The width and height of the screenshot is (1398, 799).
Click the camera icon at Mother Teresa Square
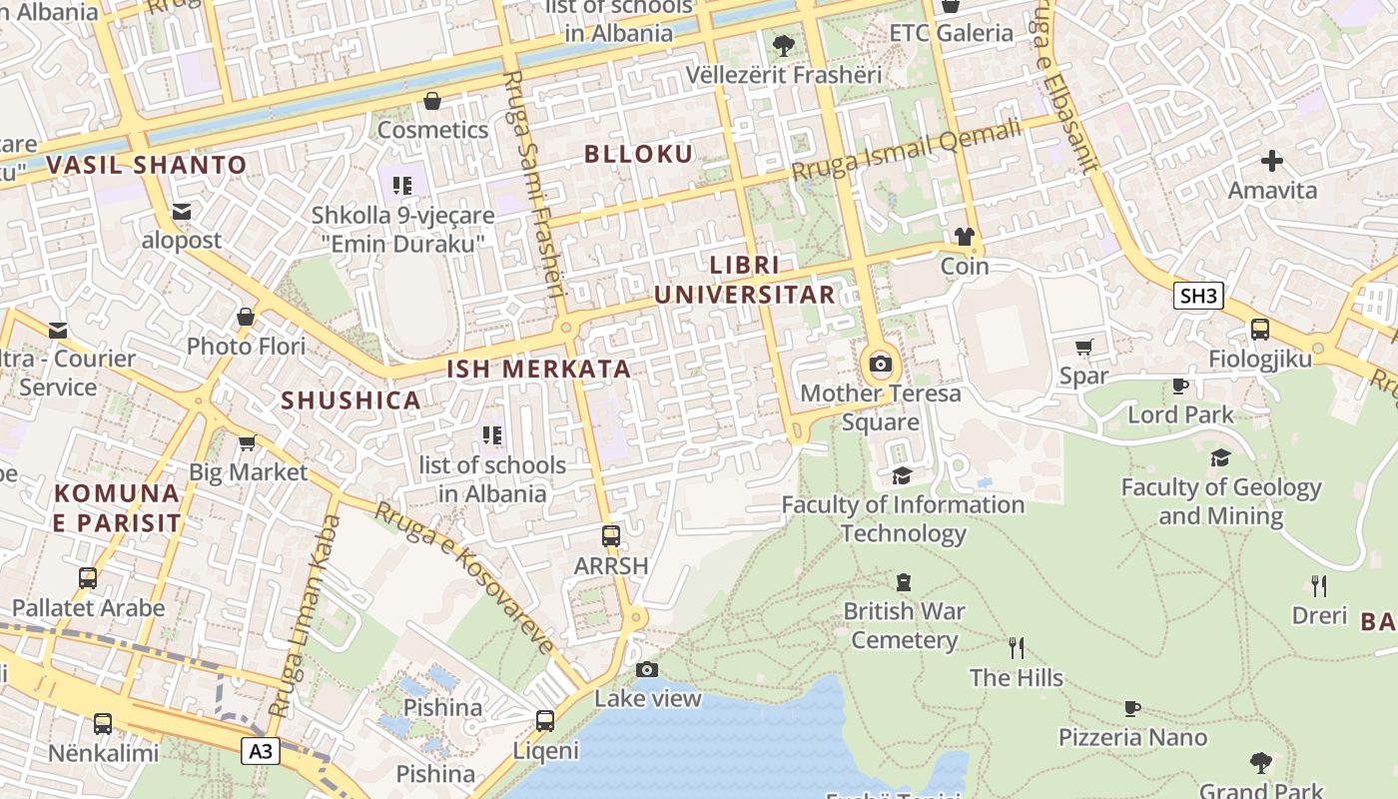coord(881,364)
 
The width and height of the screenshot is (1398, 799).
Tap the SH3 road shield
coord(1198,296)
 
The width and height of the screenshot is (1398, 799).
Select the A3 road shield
coord(260,752)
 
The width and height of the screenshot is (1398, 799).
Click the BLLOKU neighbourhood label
coord(638,154)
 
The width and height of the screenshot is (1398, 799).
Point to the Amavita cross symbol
coord(1272,161)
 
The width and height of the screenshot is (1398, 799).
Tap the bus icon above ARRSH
coord(611,536)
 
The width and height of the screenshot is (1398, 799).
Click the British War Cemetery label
coord(904,625)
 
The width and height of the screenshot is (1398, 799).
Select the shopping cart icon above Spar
coord(1083,348)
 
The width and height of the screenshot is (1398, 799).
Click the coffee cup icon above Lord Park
coord(1179,386)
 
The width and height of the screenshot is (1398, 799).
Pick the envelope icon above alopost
coord(181,212)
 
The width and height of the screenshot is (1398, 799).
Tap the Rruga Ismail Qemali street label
coord(907,151)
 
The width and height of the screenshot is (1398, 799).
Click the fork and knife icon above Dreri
coord(1319,586)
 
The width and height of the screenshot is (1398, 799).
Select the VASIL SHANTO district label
coord(147,166)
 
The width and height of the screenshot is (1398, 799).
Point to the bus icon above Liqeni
coord(545,720)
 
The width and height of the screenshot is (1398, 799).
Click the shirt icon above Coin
coord(964,237)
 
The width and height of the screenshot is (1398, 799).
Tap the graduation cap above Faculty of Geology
coord(1220,458)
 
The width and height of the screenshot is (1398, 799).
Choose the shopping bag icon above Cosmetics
coord(432,101)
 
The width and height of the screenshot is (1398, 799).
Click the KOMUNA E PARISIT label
coord(118,507)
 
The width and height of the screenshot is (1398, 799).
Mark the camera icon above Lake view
coord(647,669)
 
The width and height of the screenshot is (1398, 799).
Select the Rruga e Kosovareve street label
coord(463,578)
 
